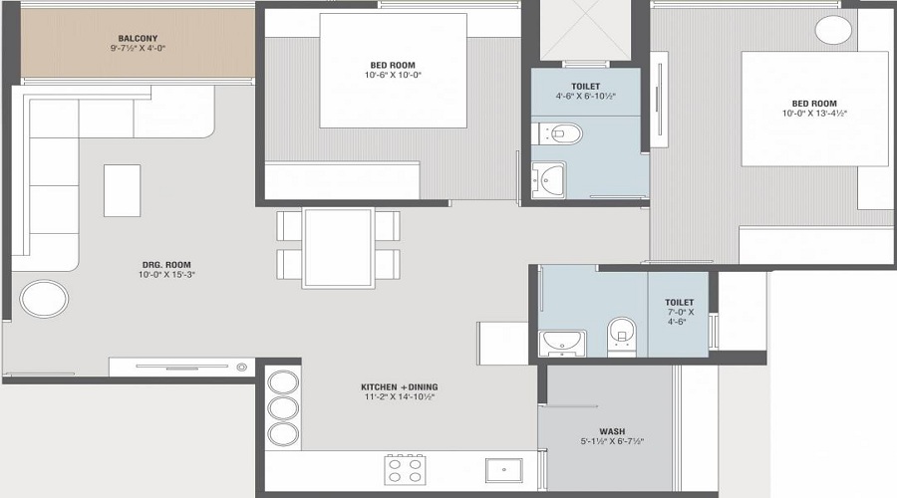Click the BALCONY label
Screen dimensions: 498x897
138,38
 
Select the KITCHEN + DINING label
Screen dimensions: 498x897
400,386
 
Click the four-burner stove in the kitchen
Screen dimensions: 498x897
405,469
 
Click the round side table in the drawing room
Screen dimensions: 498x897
45,299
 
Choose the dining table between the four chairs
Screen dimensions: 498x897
338,248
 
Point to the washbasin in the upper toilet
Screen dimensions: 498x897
548,179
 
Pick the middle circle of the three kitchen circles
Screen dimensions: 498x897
284,409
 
